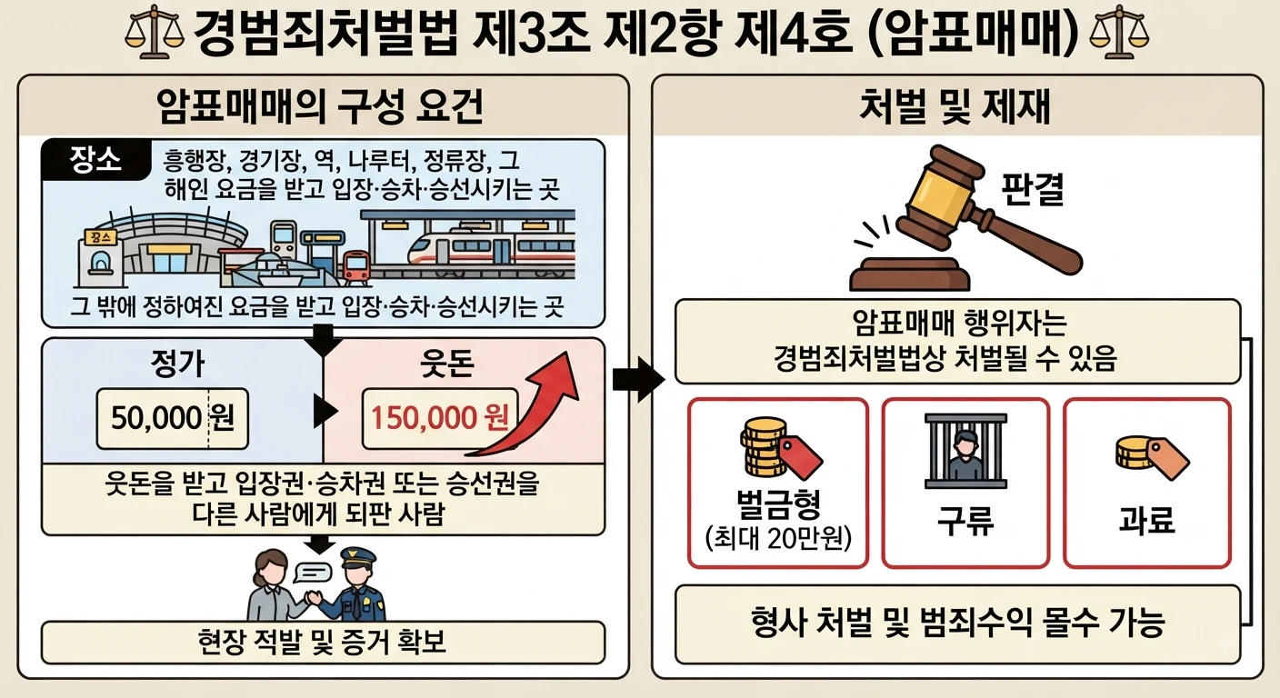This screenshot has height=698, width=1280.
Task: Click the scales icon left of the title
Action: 154,32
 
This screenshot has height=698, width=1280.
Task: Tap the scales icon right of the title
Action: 1119,32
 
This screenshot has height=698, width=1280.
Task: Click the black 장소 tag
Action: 95,159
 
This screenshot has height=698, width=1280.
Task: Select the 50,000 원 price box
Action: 173,419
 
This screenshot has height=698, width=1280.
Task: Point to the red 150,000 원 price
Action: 440,417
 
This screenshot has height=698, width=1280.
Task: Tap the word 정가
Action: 177,364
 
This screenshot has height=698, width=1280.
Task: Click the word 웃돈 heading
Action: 447,364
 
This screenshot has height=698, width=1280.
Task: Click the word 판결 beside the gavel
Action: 1033,188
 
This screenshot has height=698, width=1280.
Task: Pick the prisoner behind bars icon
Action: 965,451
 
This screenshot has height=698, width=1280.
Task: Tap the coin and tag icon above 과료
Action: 1152,457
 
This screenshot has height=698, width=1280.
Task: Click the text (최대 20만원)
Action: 778,538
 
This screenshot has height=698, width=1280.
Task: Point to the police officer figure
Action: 356,584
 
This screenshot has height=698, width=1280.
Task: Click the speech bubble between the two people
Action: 312,572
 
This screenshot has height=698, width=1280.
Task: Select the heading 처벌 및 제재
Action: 955,106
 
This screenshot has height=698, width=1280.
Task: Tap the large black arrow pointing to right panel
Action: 638,380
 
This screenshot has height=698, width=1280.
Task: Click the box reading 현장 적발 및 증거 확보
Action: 323,643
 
